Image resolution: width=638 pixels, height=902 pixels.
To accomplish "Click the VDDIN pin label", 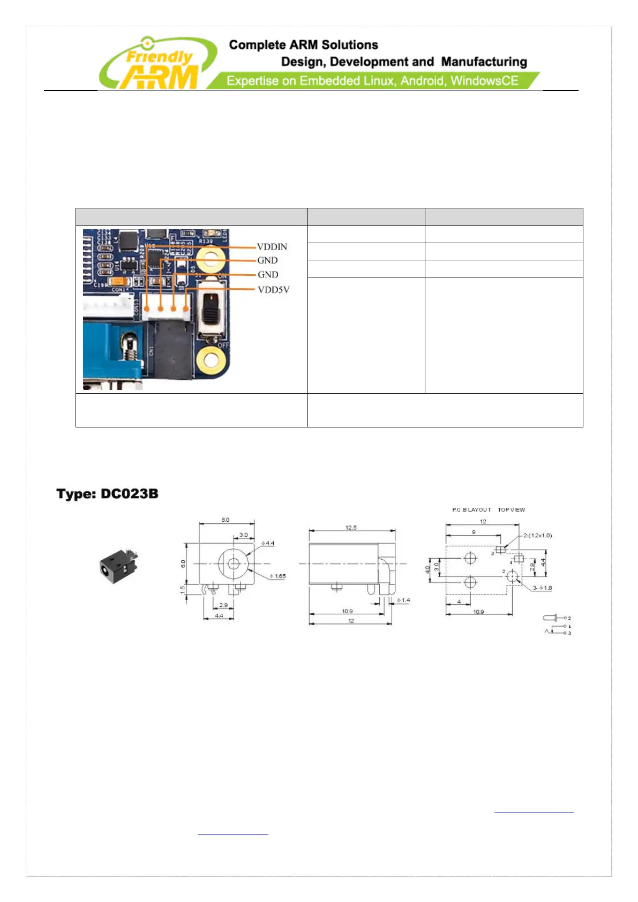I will [x=272, y=247].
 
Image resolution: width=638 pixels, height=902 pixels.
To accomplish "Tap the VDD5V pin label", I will [x=273, y=290].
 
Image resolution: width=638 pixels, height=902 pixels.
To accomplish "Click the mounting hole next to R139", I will [x=211, y=260].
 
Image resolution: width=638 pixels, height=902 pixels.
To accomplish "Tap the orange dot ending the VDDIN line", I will [x=147, y=309].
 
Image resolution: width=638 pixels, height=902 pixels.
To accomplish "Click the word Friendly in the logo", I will [x=159, y=56].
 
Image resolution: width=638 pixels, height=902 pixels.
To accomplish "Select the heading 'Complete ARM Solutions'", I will [x=303, y=45].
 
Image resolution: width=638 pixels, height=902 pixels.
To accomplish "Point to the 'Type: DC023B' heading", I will [x=108, y=494].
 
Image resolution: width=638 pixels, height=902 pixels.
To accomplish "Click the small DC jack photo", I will [x=118, y=567].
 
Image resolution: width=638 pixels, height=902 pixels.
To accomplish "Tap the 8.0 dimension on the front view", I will [x=226, y=520].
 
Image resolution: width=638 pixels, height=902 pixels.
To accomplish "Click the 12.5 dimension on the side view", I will [x=351, y=528].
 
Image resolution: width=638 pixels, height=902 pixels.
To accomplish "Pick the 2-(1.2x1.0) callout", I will [x=537, y=536].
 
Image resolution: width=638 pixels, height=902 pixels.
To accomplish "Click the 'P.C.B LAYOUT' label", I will [x=471, y=510].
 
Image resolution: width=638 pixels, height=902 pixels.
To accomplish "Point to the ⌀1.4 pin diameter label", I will [x=403, y=600].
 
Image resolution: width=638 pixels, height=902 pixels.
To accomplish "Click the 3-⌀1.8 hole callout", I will [x=542, y=588].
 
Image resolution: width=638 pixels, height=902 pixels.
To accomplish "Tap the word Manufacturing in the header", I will [x=484, y=62].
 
